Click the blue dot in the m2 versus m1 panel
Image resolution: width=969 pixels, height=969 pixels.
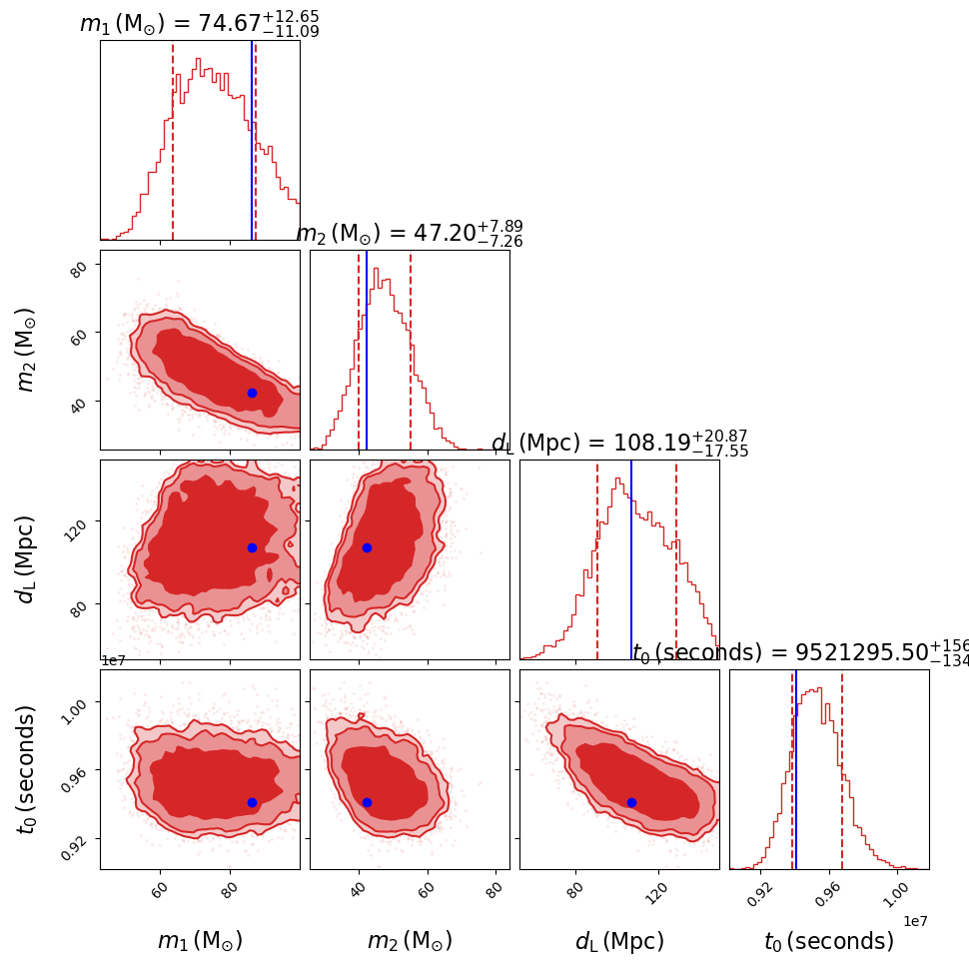(252, 393)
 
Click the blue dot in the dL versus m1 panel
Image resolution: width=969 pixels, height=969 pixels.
(252, 547)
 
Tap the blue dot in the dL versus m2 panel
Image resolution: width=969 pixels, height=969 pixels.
(367, 547)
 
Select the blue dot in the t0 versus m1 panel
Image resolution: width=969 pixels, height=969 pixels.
(252, 802)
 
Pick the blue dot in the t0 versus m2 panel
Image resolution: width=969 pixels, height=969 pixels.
(367, 802)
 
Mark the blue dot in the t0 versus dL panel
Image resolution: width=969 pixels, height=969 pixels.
(631, 802)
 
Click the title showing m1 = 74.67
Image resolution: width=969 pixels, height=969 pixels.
(199, 24)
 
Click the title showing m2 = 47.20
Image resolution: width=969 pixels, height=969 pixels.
(409, 233)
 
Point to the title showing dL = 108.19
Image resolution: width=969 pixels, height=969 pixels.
(619, 444)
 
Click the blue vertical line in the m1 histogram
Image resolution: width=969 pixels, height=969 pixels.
(252, 140)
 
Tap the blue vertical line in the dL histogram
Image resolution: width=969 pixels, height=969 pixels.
(631, 559)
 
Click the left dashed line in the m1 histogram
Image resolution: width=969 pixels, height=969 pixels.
(173, 140)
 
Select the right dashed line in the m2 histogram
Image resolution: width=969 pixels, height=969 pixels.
(411, 350)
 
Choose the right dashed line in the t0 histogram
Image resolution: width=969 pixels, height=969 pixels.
(842, 769)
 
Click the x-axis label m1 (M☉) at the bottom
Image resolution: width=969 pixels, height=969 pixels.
(200, 941)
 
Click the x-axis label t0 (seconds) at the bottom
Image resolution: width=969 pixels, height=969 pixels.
(828, 941)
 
